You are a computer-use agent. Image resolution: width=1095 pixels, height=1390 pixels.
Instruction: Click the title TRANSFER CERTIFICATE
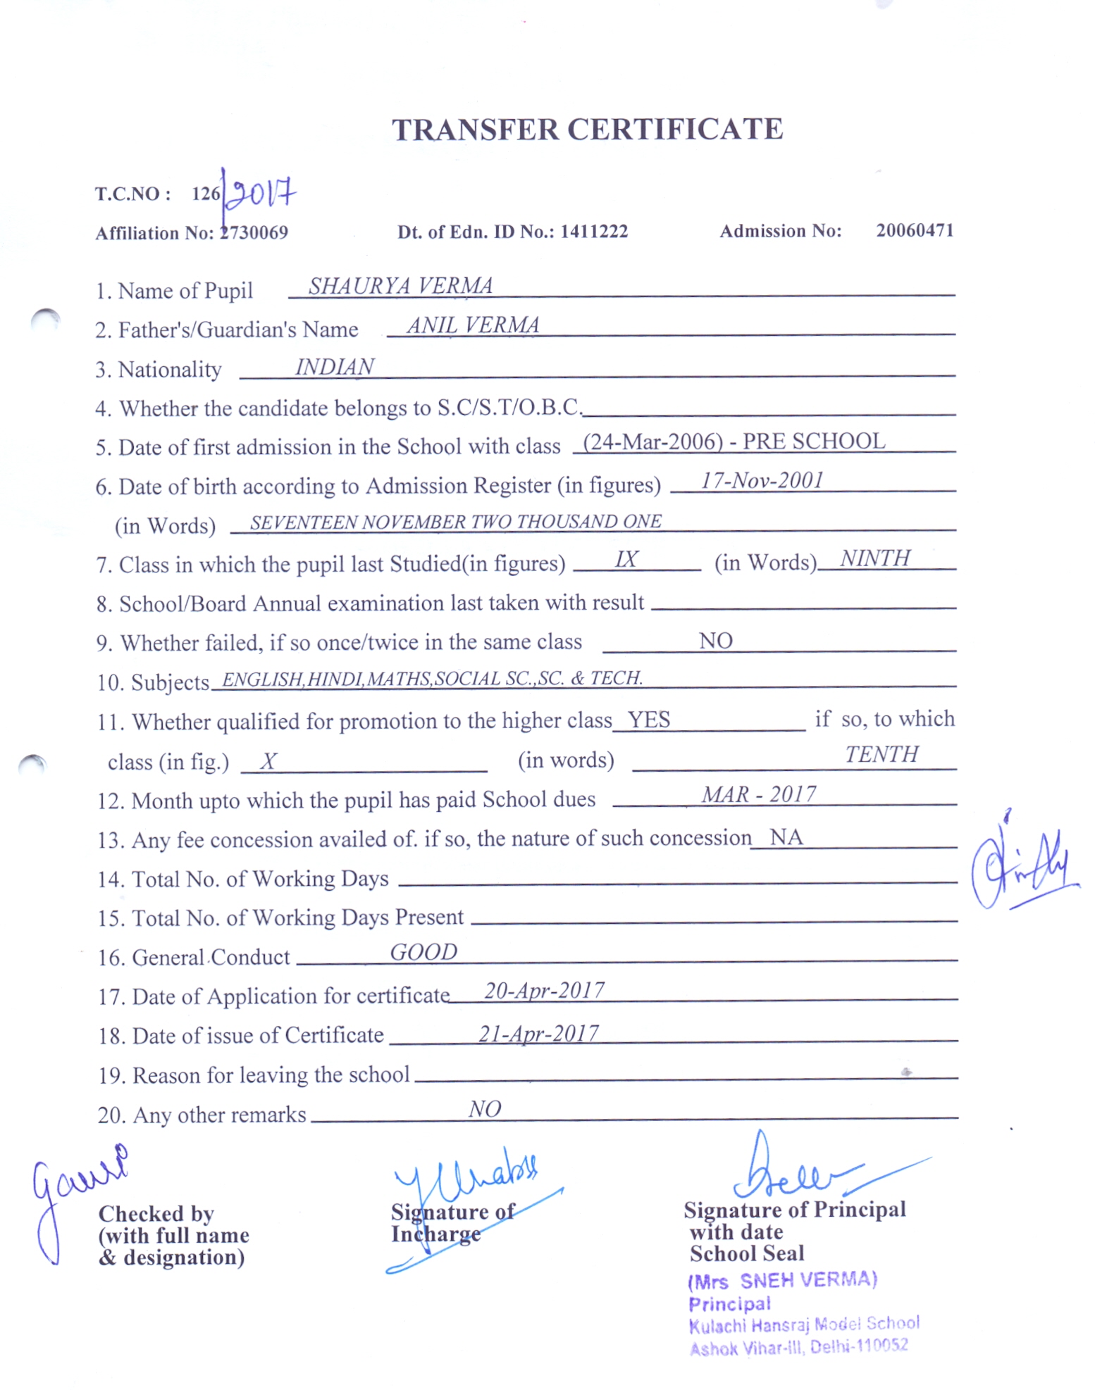[587, 130]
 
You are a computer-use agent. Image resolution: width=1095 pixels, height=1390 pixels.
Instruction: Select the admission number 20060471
[914, 230]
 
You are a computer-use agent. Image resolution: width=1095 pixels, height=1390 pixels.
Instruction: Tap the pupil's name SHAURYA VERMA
[400, 285]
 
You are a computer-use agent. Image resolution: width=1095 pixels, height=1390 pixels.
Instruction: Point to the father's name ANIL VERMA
[472, 325]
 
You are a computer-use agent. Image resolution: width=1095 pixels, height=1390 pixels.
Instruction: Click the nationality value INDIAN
[334, 367]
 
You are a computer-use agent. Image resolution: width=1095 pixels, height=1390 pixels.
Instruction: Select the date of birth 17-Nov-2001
[762, 480]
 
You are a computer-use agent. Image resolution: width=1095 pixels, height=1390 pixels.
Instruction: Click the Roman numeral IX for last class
[626, 559]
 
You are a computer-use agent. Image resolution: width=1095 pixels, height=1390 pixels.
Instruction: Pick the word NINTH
[874, 558]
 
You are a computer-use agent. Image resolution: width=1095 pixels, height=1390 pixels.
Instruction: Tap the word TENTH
[881, 754]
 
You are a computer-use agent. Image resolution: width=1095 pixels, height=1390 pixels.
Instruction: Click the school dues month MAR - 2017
[758, 794]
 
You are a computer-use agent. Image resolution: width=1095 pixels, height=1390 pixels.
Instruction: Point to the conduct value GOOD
[423, 952]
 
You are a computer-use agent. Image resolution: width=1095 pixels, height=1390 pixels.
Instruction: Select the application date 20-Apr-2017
[543, 991]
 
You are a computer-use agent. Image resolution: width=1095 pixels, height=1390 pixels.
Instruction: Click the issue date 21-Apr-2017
[538, 1033]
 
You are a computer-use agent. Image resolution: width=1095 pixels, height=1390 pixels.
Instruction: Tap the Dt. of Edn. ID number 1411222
[593, 232]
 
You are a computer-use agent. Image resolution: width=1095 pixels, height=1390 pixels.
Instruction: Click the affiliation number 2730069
[254, 233]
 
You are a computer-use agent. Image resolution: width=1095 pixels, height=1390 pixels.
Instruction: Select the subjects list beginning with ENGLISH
[431, 678]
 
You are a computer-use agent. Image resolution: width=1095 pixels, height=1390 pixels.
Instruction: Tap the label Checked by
[156, 1213]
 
